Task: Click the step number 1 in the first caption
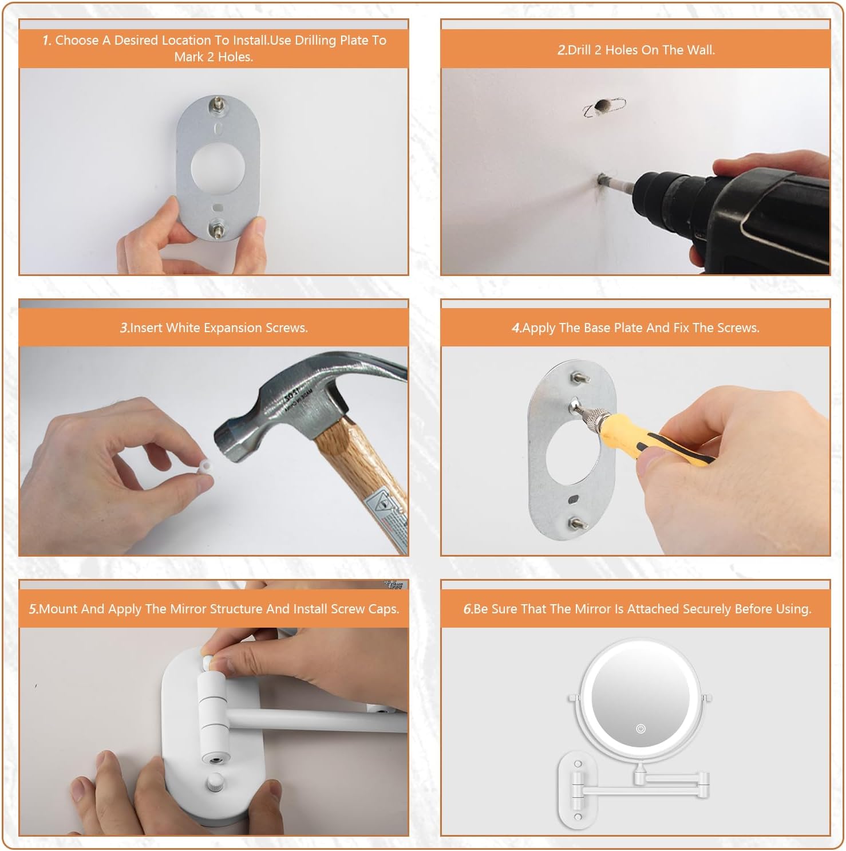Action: point(47,41)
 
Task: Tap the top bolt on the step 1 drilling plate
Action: point(218,104)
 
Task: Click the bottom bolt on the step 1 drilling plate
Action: point(218,229)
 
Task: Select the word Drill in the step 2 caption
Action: point(580,50)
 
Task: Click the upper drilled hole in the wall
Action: point(602,106)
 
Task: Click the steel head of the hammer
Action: point(303,401)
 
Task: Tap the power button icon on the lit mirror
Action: point(641,728)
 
